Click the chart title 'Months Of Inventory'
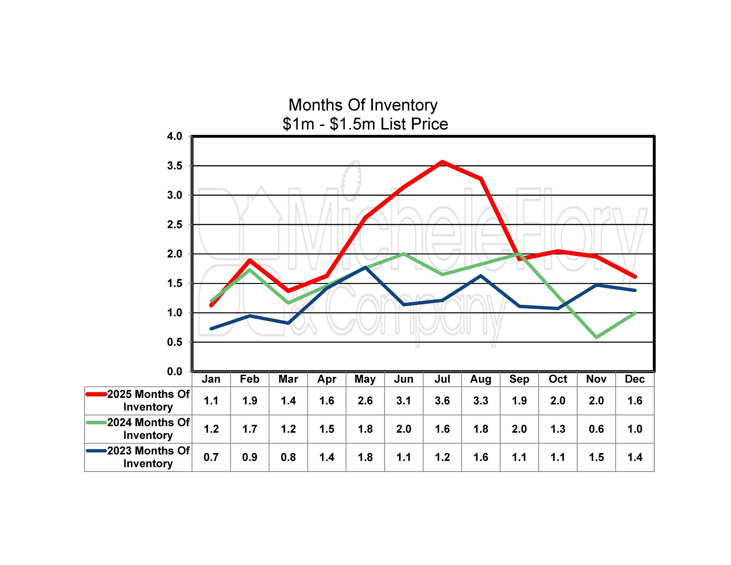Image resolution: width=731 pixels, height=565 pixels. pos(363,105)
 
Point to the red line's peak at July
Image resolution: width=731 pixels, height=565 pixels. pos(442,162)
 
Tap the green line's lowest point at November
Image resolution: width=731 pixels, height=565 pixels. pos(596,337)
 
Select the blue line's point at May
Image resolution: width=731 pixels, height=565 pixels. pos(365,267)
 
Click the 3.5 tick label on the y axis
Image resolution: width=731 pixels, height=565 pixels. pos(175,166)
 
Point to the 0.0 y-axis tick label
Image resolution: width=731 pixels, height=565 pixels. pos(175,372)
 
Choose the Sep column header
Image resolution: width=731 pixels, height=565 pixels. pos(519,379)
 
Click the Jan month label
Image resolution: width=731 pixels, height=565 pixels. pos(211,379)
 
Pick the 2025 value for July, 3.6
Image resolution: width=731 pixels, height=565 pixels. pos(442,401)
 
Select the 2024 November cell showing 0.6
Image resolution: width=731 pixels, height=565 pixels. pos(596,429)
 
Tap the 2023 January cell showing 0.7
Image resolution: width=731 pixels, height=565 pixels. pos(211,457)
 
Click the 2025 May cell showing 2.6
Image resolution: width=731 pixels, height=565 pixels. pos(365,401)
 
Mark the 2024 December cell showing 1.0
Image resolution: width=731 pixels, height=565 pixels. pos(635,429)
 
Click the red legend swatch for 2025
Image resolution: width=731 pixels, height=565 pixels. pos(96,394)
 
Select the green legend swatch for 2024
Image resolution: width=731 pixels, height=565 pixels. pos(96,423)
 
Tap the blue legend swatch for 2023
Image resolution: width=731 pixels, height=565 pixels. pos(96,451)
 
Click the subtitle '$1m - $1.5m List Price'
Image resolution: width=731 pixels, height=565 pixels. pos(365,124)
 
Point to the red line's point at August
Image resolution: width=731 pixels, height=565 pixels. pos(481,179)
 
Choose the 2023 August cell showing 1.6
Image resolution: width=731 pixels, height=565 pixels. pos(481,457)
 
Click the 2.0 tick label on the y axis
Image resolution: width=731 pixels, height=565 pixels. pos(175,254)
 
